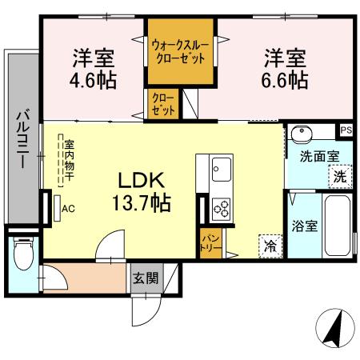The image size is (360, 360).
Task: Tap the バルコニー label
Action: [x=22, y=137]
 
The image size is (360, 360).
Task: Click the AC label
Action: [x=68, y=209]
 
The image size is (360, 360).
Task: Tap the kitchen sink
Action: [x=221, y=170]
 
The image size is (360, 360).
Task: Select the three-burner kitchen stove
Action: [x=221, y=210]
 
